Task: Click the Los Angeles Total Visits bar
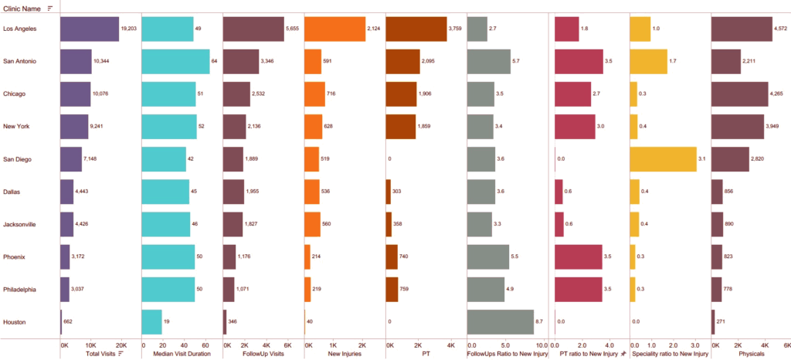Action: (90, 29)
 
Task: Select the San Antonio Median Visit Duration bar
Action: (175, 61)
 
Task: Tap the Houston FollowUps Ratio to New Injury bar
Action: (501, 321)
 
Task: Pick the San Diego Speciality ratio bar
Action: (663, 158)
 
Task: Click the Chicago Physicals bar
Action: (739, 93)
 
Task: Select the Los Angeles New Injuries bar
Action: (335, 29)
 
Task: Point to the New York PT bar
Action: (400, 126)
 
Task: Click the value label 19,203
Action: (129, 29)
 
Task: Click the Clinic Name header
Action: (22, 8)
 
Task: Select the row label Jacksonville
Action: (21, 224)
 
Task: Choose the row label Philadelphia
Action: (21, 289)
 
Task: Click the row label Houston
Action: (15, 321)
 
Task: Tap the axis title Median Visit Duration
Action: (175, 354)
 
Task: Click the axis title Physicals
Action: (751, 354)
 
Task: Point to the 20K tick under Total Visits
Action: (121, 345)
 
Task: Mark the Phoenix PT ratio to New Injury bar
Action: (578, 256)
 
